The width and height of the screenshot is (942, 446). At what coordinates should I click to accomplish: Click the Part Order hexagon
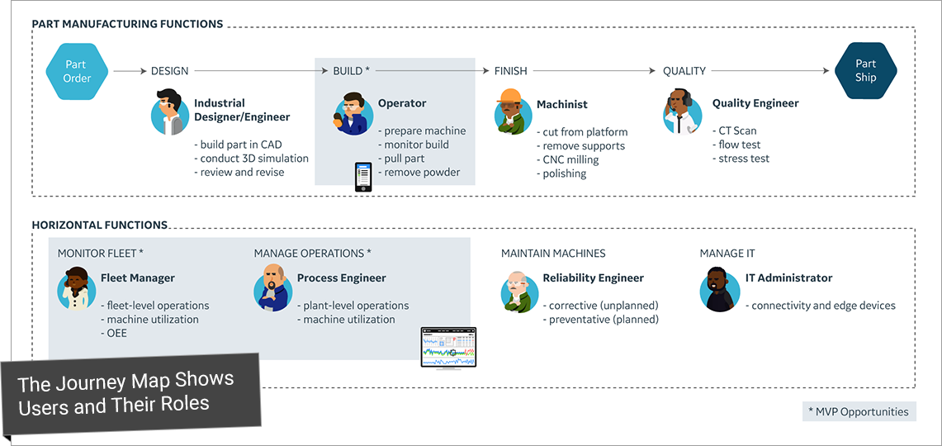click(77, 71)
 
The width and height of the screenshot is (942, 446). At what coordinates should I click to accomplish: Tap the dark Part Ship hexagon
click(866, 70)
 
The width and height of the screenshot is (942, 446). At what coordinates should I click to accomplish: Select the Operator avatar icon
click(350, 113)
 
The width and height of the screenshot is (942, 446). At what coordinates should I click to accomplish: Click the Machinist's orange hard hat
click(511, 96)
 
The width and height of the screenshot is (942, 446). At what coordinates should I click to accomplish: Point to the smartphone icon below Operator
click(363, 177)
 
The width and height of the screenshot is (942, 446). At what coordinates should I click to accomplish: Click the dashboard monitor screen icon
click(448, 349)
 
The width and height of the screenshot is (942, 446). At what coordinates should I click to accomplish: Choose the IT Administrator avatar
click(719, 290)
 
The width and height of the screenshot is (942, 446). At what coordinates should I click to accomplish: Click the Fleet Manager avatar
click(76, 288)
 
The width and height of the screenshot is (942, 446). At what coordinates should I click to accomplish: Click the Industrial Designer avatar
click(169, 111)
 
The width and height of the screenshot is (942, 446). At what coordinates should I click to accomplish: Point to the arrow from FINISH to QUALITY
click(594, 71)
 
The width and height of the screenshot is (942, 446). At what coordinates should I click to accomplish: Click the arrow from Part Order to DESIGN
click(130, 71)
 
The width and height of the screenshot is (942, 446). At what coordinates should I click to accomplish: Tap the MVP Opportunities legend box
click(859, 412)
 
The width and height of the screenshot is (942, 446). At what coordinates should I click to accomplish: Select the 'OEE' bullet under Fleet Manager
click(114, 332)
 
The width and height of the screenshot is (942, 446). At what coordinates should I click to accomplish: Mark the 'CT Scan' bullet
click(734, 130)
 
